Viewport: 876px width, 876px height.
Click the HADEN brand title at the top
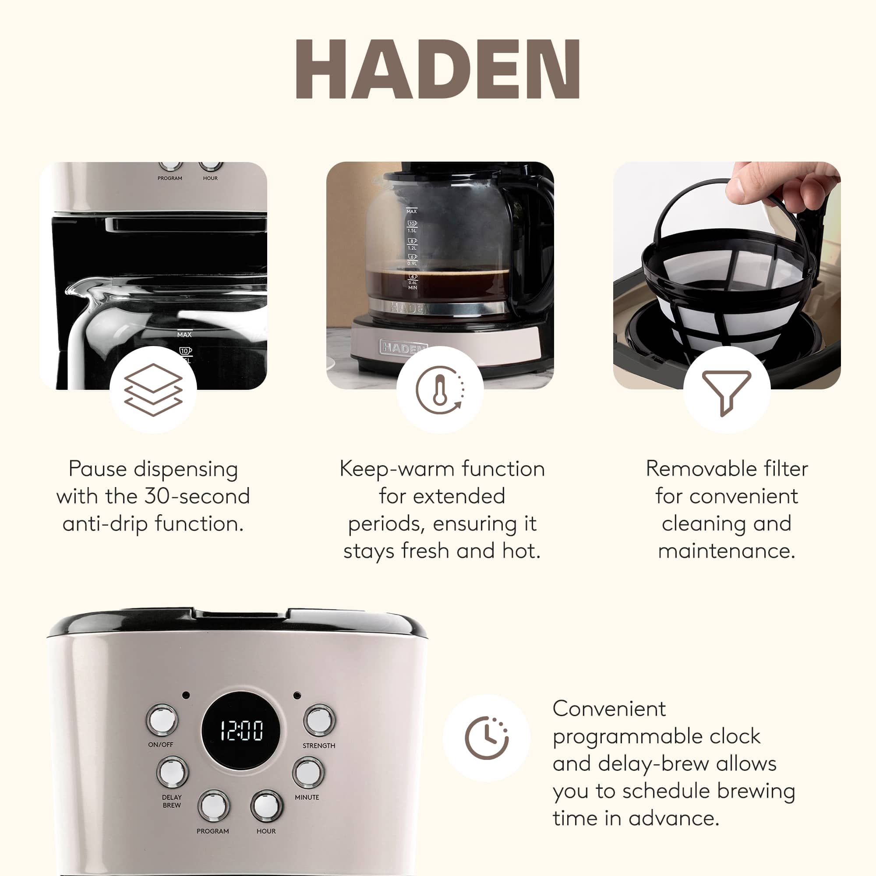(x=438, y=69)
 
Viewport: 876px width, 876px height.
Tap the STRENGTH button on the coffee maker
(x=319, y=720)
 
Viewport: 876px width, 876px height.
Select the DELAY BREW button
(x=172, y=772)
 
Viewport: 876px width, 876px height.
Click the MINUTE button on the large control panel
(x=308, y=772)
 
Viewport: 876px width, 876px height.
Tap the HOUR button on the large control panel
(x=266, y=806)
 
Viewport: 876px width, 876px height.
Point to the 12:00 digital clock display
(x=241, y=731)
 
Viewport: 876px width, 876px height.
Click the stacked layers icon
(x=153, y=389)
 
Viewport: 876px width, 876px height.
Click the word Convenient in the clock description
(x=609, y=709)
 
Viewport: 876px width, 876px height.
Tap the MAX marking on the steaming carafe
(x=411, y=211)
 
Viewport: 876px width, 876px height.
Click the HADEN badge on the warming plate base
(x=403, y=347)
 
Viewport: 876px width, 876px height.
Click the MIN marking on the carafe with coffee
(x=412, y=287)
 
